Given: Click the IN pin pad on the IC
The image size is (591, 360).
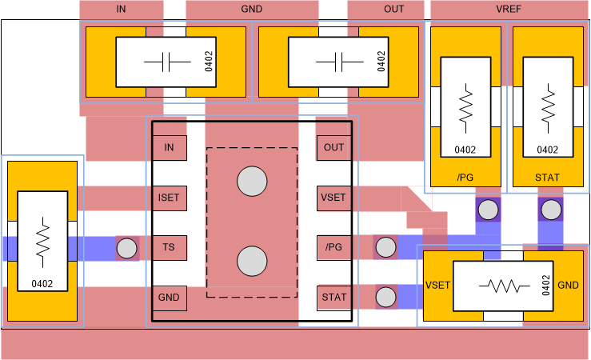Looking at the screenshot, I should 169,147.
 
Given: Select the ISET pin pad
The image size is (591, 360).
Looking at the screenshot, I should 169,197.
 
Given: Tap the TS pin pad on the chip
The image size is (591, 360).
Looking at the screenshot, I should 169,247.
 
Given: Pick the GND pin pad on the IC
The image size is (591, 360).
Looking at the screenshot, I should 169,297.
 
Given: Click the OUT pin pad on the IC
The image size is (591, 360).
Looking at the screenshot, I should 333,147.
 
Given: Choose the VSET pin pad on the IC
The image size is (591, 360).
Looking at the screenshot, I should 333,197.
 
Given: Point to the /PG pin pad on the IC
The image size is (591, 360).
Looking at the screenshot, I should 333,247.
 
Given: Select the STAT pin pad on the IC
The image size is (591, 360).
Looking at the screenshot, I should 333,297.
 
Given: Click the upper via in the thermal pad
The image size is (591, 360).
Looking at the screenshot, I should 252,182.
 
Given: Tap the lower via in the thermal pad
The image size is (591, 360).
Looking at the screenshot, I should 252,261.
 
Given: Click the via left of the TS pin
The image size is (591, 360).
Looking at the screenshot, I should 127,248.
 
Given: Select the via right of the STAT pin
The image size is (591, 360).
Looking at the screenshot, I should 386,297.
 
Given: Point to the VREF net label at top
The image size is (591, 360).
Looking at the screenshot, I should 509,10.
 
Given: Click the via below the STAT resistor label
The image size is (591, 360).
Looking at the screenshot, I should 550,210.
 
